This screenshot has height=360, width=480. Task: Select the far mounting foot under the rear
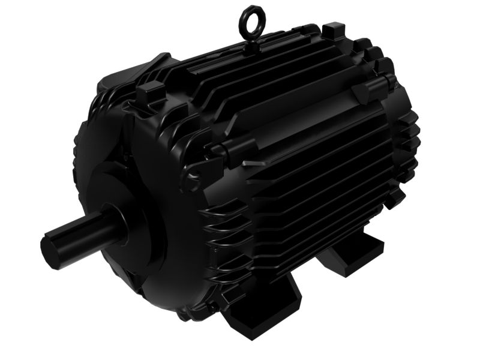(x=354, y=252)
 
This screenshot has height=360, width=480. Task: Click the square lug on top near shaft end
(x=150, y=90)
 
